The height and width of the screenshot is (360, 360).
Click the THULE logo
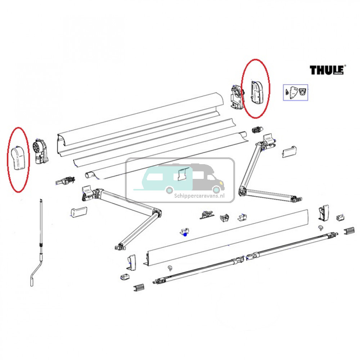pos(327,70)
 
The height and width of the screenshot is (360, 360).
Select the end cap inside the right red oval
pos(257,92)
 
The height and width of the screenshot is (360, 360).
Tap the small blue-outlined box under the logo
pos(296,92)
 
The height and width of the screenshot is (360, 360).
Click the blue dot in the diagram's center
pos(185,234)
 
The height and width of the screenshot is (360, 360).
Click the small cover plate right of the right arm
pos(289,152)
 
